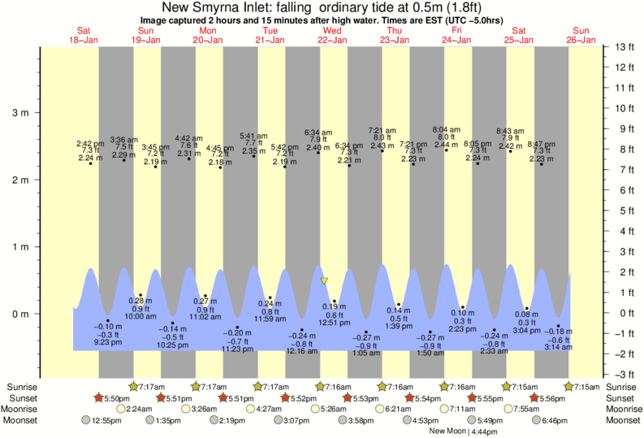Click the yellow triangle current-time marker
324,281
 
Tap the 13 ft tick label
624,46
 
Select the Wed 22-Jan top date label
332,35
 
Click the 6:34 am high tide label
318,132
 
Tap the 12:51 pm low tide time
334,323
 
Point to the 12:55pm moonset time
106,420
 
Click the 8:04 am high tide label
446,130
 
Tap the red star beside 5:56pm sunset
534,397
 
